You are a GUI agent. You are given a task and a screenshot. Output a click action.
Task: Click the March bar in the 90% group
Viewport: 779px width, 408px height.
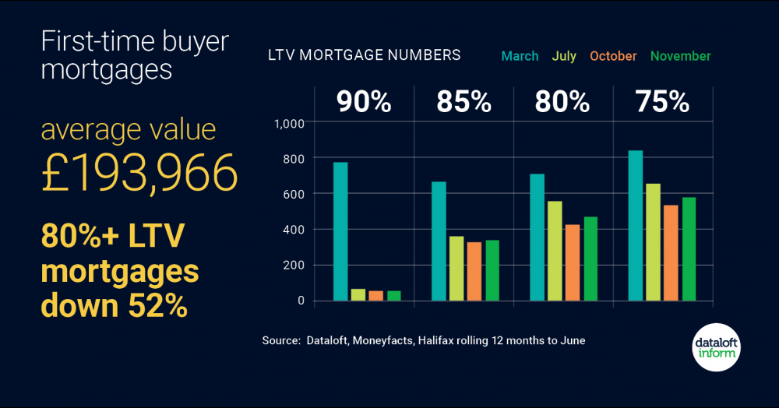(x=340, y=231)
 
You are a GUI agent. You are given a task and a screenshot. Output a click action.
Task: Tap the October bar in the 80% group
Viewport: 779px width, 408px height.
(x=573, y=262)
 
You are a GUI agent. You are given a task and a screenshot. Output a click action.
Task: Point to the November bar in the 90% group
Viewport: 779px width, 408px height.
(x=394, y=296)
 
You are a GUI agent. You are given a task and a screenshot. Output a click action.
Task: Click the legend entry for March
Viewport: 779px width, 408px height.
(x=520, y=56)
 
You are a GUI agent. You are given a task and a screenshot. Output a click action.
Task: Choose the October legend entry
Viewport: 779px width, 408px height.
(x=613, y=56)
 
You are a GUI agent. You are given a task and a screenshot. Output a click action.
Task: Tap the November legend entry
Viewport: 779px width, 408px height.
(x=680, y=56)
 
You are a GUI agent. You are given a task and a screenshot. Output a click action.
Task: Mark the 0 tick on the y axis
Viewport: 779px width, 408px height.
(x=301, y=301)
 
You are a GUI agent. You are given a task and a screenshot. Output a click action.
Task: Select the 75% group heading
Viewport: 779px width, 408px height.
(x=662, y=102)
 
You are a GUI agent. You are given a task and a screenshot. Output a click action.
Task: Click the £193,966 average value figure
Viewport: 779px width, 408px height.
(x=139, y=172)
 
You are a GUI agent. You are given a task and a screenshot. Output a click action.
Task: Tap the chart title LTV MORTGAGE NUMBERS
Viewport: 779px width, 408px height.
(x=365, y=55)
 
